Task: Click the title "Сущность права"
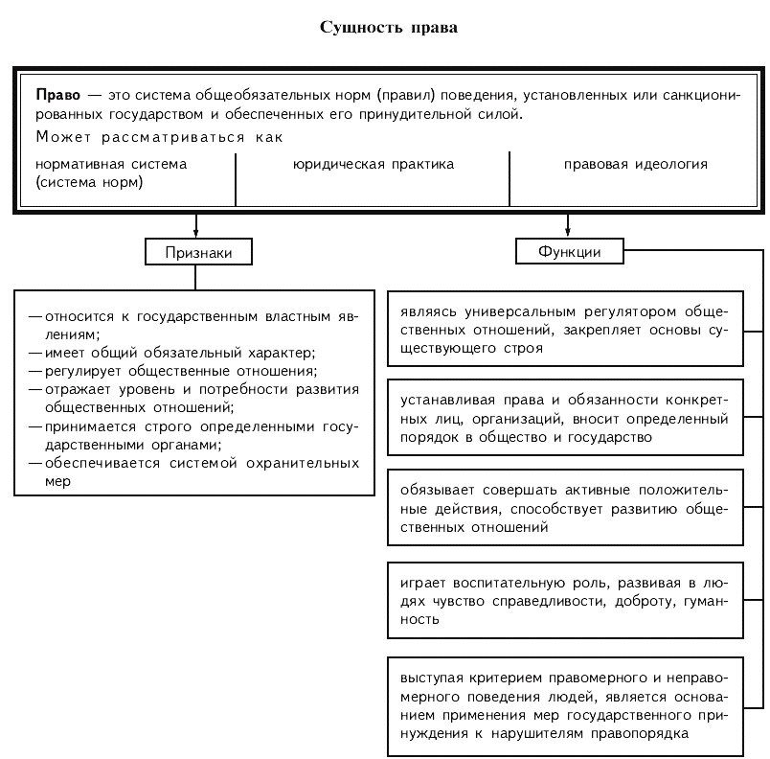(388, 27)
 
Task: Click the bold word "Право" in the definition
(57, 97)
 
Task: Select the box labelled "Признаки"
(196, 252)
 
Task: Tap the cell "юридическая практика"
(373, 164)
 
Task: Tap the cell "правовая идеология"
(635, 164)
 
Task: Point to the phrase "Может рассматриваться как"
(159, 138)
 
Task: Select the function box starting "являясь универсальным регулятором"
(565, 331)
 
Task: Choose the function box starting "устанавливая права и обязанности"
(565, 420)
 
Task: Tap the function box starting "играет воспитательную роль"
(565, 601)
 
